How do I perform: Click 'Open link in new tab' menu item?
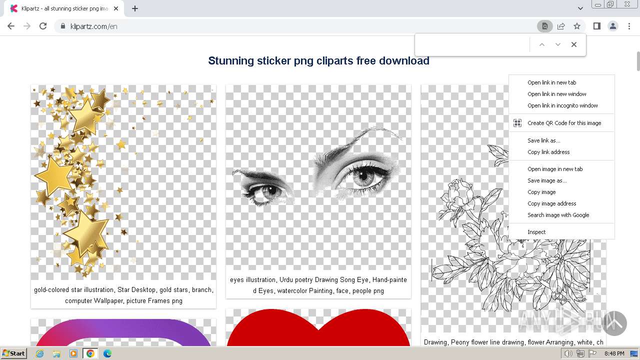(x=551, y=82)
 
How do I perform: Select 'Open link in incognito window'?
(x=562, y=105)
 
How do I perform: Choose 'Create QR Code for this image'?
(x=564, y=123)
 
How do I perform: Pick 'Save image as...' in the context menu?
(x=547, y=180)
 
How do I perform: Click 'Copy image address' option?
(x=551, y=203)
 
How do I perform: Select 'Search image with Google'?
(x=558, y=215)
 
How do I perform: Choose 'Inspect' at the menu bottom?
(x=536, y=232)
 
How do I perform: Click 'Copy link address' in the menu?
(x=548, y=152)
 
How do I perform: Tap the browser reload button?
(x=43, y=26)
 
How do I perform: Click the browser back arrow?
(x=11, y=26)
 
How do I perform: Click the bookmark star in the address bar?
(x=577, y=26)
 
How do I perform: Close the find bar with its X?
(x=574, y=44)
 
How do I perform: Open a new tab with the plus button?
(x=135, y=8)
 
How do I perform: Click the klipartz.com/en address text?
(x=94, y=26)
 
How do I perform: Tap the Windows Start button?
(x=14, y=353)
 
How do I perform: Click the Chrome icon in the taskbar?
(x=90, y=353)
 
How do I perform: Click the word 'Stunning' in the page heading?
(x=231, y=61)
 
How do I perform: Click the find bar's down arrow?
(x=558, y=44)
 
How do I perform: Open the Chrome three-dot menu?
(x=629, y=26)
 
